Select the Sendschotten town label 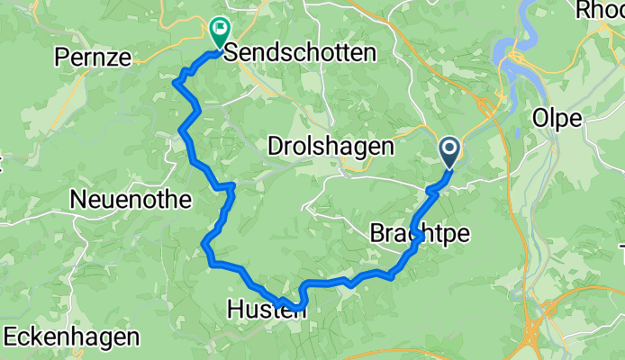coord(299,54)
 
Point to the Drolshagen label coord(331,145)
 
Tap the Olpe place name coord(557,119)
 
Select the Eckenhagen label coord(72,338)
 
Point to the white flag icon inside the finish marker coord(219,29)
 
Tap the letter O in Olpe coord(541,119)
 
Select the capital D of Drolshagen coord(275,145)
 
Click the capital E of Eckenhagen coord(11,338)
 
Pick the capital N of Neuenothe coord(88,197)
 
